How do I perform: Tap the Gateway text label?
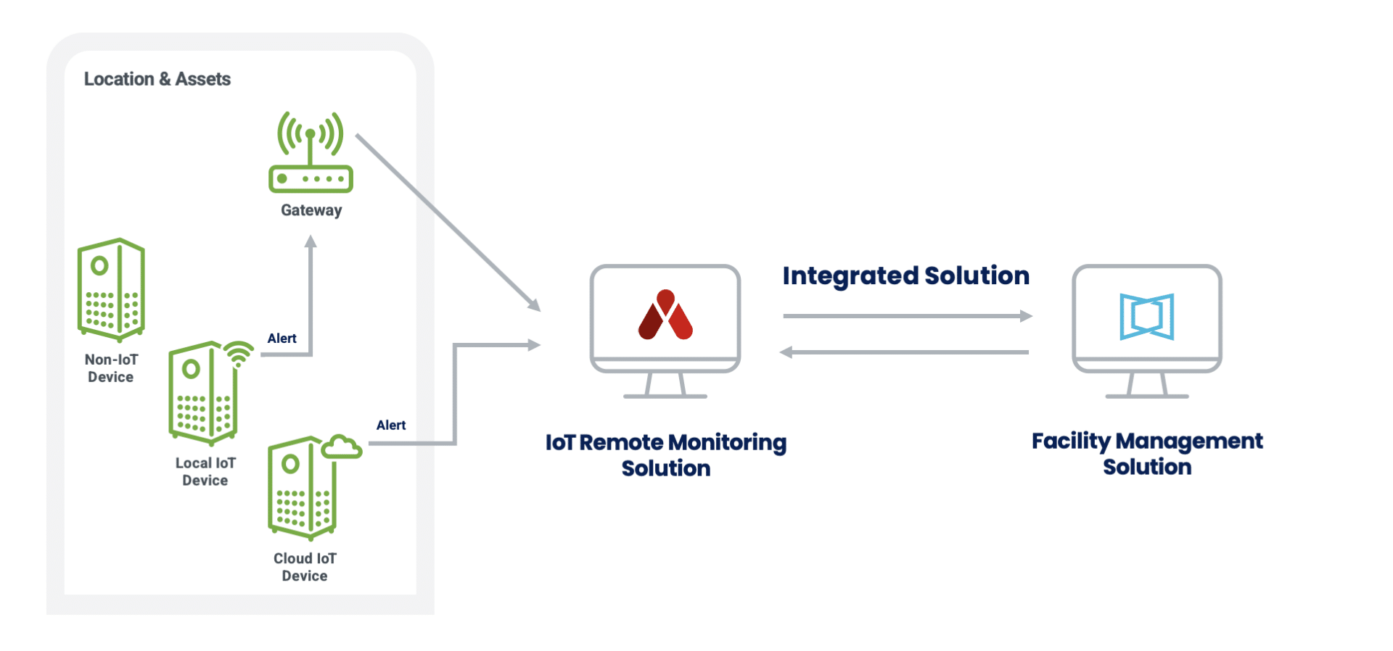tap(311, 210)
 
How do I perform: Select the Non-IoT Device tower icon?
tap(111, 290)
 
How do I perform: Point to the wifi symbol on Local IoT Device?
tap(239, 353)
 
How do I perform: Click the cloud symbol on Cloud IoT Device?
tap(341, 447)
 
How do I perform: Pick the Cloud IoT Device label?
tap(305, 567)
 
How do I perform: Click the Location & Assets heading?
tap(157, 79)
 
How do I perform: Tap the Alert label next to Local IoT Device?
tap(282, 339)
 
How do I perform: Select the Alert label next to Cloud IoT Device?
tap(391, 426)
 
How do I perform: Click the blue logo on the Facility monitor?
tap(1146, 317)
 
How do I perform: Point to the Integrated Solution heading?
tap(905, 275)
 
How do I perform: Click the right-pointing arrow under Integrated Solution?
tap(907, 316)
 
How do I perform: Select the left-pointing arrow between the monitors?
tap(904, 352)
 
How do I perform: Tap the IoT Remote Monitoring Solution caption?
tap(666, 455)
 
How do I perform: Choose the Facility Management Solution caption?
tap(1147, 453)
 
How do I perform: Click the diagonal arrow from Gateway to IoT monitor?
tap(448, 222)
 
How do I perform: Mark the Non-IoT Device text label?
tap(111, 368)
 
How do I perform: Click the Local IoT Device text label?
tap(205, 471)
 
